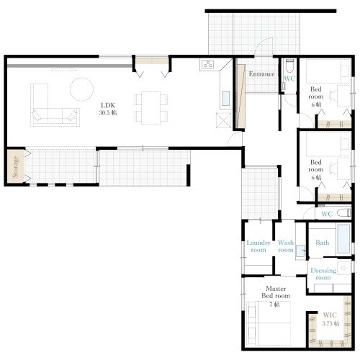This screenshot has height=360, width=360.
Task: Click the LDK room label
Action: point(108,109)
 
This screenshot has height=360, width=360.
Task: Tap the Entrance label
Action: point(261,74)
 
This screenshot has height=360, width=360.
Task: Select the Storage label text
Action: point(15,167)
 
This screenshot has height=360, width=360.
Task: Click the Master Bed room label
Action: point(276,292)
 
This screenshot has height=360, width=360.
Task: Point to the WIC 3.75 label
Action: point(330,319)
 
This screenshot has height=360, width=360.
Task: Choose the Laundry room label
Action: point(258,246)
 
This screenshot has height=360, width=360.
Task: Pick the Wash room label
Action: point(286,246)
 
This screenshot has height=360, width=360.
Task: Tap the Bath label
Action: point(322,243)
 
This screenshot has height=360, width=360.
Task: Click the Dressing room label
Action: point(323,274)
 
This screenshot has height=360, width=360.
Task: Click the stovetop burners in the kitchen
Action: point(207,64)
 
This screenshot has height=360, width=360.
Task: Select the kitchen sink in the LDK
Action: point(226,99)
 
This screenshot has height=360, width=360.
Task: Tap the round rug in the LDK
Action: point(81,89)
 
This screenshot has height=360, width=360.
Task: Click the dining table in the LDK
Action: point(150,108)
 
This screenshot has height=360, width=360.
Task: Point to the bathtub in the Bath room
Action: point(343,239)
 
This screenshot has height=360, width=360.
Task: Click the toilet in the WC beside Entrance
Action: point(289,66)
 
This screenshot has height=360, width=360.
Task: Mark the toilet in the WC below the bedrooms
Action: point(343,213)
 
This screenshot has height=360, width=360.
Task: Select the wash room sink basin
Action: point(300,251)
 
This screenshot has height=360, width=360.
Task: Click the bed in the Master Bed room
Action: point(269,323)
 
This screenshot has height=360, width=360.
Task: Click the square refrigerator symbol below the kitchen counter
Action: point(224,120)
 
